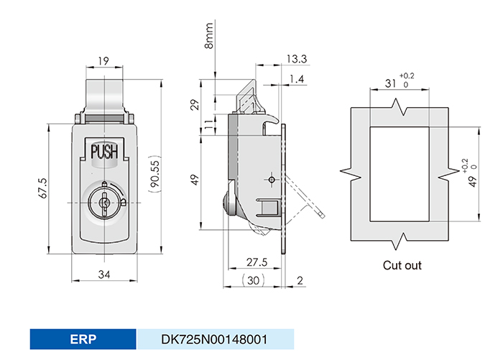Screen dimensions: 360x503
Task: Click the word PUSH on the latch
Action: tap(103, 152)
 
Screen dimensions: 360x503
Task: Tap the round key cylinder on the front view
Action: tap(105, 203)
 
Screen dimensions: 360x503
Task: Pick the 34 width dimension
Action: tap(104, 273)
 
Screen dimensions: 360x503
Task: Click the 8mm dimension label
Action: tap(209, 34)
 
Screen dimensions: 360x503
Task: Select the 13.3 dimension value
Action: tap(295, 59)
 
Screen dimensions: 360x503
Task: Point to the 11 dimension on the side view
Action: tap(209, 124)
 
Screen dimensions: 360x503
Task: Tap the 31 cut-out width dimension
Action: tap(390, 83)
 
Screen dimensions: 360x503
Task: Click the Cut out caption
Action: tap(402, 265)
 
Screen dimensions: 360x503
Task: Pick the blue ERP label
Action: tap(83, 339)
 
